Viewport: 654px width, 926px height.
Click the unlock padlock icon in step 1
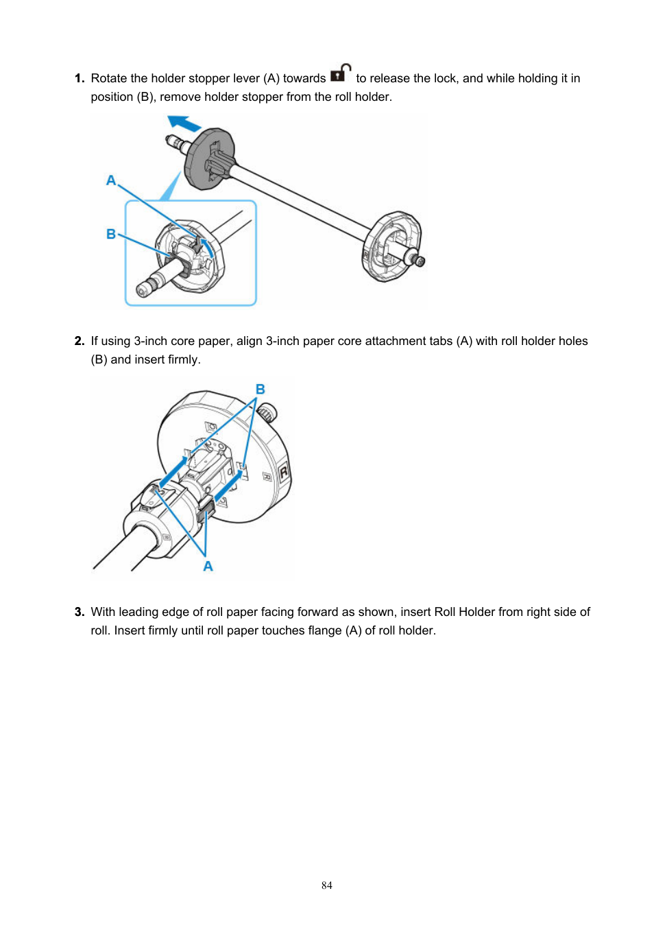341,73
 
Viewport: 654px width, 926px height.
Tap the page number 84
327,886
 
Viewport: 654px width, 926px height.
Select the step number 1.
80,78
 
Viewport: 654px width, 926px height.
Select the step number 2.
80,341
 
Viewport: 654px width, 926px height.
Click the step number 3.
80,612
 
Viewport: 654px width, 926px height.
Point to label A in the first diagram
111,180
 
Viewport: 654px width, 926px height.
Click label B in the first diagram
111,234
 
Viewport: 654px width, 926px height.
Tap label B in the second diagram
261,390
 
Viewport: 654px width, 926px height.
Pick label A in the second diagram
208,567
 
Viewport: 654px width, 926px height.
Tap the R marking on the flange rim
284,473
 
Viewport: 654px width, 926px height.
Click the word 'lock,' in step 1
446,78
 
